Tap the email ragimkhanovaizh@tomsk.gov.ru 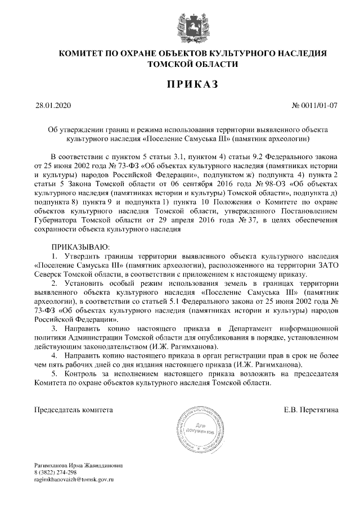[74, 479]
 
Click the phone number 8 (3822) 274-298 [55, 472]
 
